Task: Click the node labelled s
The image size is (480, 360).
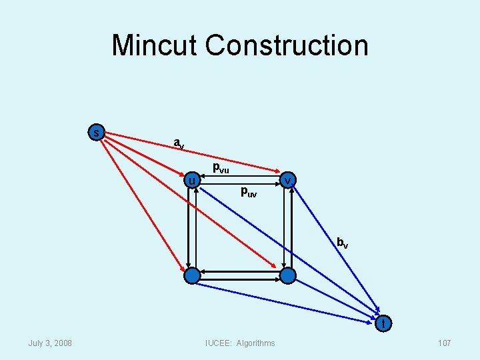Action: [x=97, y=132]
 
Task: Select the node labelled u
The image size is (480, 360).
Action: [x=191, y=181]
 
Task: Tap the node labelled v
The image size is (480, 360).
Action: [x=287, y=181]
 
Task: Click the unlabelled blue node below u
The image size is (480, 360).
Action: [x=192, y=275]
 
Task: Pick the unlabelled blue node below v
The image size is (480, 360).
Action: [x=287, y=275]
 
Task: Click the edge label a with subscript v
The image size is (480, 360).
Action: [x=179, y=143]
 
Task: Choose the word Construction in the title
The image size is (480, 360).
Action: [x=287, y=45]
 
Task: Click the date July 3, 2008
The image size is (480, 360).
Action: [x=51, y=343]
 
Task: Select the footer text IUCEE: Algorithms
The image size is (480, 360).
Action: [x=240, y=343]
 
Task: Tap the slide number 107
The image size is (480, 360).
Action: [x=444, y=343]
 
